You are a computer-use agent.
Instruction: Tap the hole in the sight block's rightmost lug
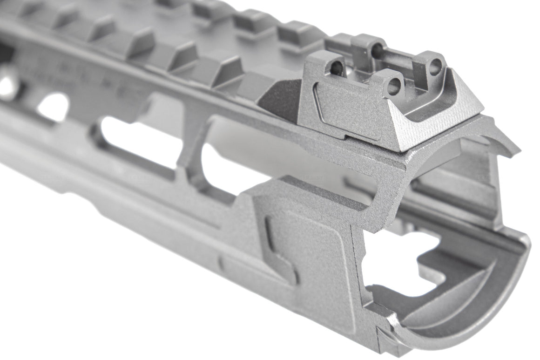(x=435, y=67)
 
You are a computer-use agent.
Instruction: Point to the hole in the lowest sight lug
(x=394, y=86)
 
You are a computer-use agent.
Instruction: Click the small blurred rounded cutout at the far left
(x=54, y=107)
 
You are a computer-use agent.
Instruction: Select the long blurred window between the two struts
(x=140, y=140)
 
